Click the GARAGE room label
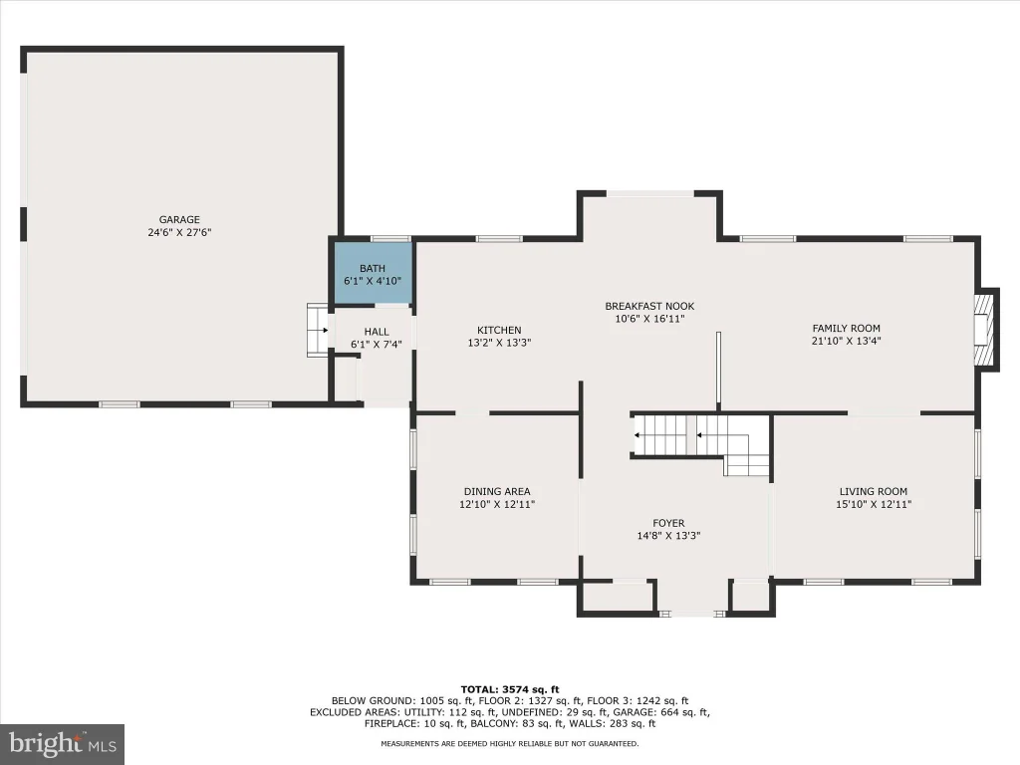[179, 220]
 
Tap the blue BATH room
[374, 273]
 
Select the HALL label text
[377, 332]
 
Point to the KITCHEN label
[499, 330]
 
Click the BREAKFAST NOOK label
[649, 306]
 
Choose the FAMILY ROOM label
[847, 329]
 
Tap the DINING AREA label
[497, 492]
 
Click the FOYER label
[668, 523]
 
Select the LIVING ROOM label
[874, 492]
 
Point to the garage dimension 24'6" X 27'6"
[179, 232]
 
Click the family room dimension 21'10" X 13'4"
[847, 341]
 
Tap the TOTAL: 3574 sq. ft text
[510, 689]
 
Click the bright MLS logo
[63, 744]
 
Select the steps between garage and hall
[318, 330]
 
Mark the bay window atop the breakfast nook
[650, 193]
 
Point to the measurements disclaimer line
[510, 743]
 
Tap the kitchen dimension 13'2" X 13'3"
[500, 343]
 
